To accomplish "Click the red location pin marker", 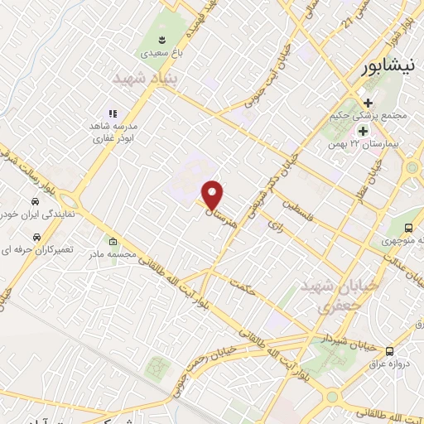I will click(x=213, y=195).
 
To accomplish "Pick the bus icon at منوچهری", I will click(x=408, y=229).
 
